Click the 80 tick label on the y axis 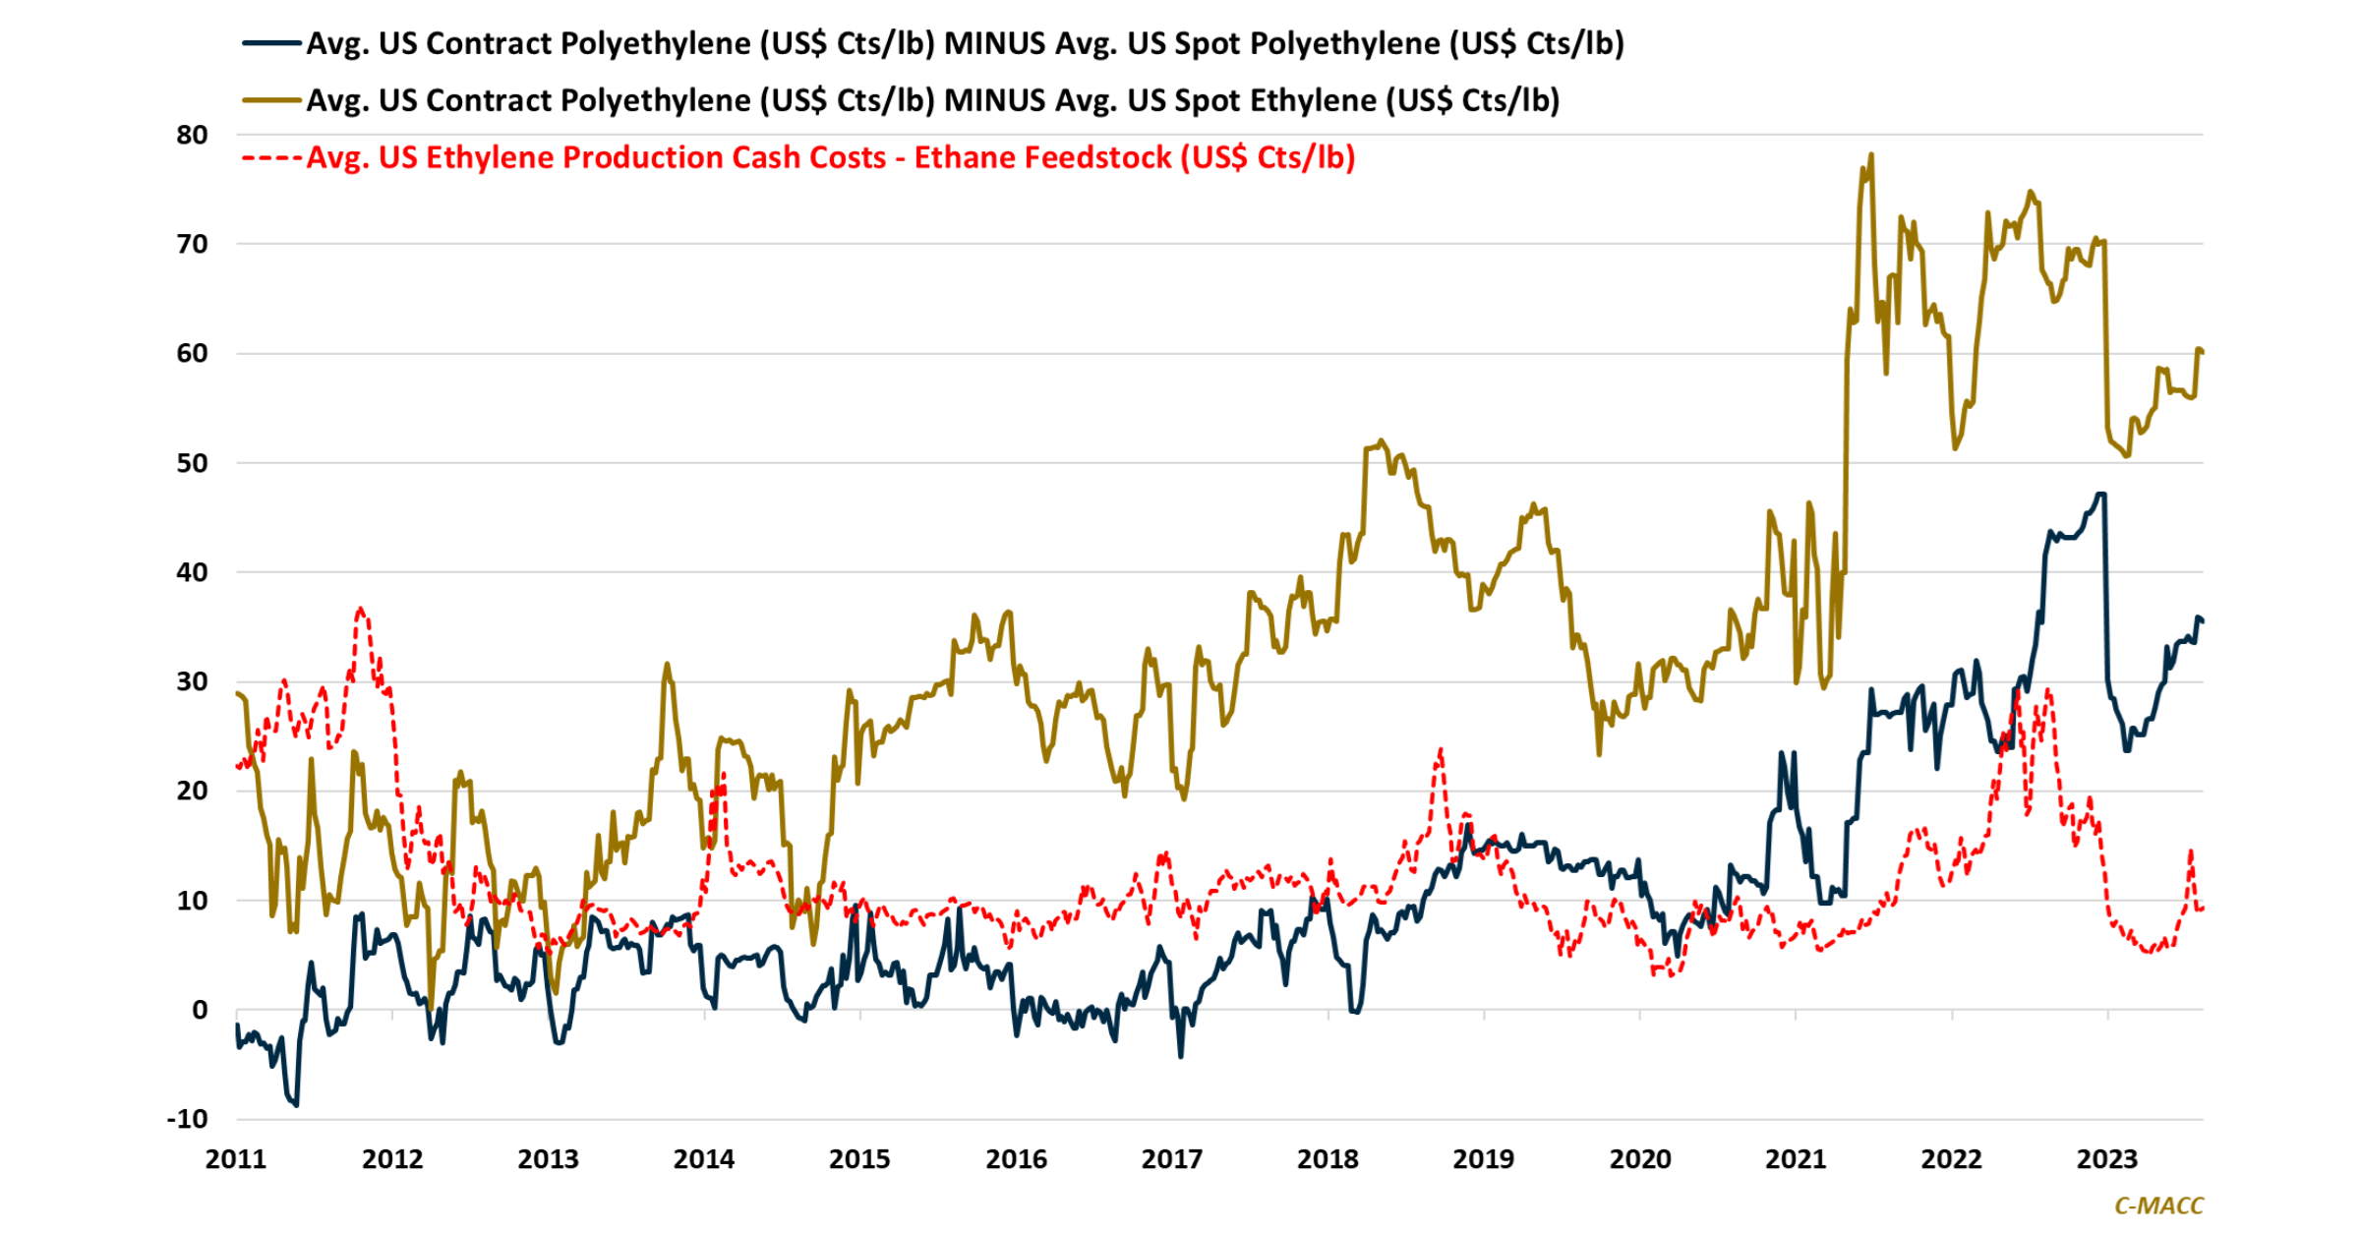coord(192,135)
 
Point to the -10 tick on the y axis coord(187,1119)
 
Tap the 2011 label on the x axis coord(236,1159)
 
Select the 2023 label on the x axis coord(2106,1159)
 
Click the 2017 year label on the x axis coord(1171,1159)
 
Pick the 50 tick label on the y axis coord(192,463)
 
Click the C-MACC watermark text coord(2158,1205)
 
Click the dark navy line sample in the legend coord(271,43)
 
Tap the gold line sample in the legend coord(271,100)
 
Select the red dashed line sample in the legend coord(271,157)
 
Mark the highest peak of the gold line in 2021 coord(1870,154)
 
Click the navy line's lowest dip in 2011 coord(296,1105)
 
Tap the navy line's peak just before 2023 coord(2101,495)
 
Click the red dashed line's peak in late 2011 coord(361,609)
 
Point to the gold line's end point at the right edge coord(2202,351)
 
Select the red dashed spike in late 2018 coord(1441,750)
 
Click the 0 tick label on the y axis coord(200,1010)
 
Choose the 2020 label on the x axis coord(1639,1159)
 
